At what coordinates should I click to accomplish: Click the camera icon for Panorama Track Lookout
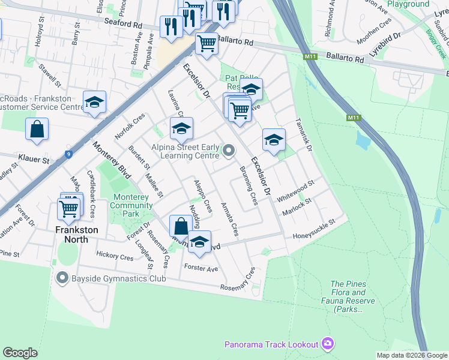click(x=327, y=344)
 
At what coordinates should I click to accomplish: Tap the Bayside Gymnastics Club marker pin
click(x=62, y=278)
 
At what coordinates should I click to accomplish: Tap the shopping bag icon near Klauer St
click(x=37, y=130)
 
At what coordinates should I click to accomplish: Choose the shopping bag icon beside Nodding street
click(x=181, y=227)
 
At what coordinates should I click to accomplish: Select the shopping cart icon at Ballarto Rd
click(x=207, y=43)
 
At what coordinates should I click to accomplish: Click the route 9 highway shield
click(x=70, y=154)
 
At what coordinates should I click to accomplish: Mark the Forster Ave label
click(x=201, y=268)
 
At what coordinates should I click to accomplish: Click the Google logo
click(x=20, y=353)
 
